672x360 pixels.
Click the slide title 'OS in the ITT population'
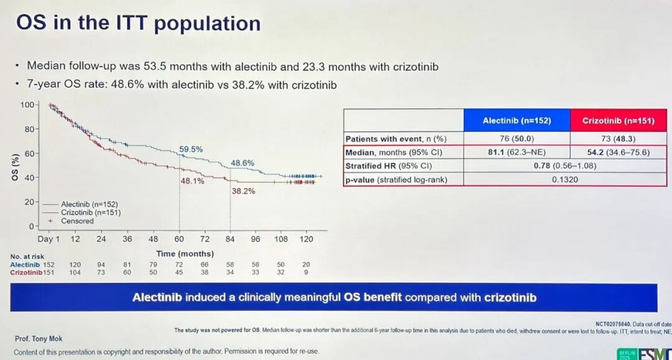coord(138,24)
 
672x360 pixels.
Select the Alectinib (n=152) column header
coord(516,120)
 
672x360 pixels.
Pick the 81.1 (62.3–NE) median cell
coord(516,152)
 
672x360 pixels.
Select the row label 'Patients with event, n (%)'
coord(396,139)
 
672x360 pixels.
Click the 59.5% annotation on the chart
coord(191,149)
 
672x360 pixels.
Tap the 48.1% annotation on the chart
coord(192,181)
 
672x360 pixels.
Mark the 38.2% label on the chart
coord(243,191)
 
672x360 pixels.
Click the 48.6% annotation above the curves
coord(243,163)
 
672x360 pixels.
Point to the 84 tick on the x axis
coord(230,239)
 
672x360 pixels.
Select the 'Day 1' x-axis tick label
coord(49,239)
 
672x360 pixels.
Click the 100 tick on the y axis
coord(27,104)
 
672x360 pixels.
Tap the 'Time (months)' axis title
coord(185,254)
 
